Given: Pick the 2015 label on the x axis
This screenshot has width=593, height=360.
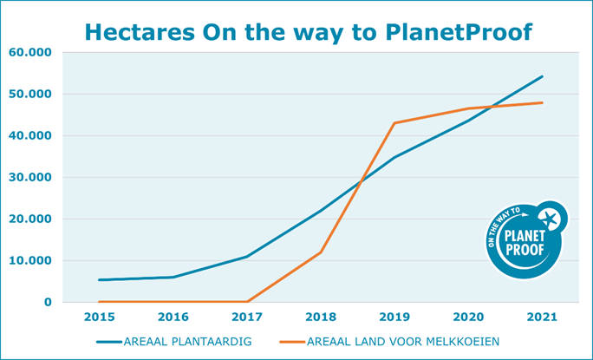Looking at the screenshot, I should click(x=100, y=318).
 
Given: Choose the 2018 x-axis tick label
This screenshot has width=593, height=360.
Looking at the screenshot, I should click(x=321, y=318).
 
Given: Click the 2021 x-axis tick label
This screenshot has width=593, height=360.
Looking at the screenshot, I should click(x=543, y=318).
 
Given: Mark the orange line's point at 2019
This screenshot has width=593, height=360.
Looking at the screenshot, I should click(x=394, y=123).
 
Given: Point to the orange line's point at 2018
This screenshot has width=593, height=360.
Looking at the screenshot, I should click(x=321, y=252).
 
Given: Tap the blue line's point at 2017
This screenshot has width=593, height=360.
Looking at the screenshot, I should click(x=247, y=257).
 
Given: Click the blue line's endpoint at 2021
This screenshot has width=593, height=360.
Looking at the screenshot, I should click(x=543, y=76).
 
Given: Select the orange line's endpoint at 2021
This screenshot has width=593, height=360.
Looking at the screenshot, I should click(x=543, y=102).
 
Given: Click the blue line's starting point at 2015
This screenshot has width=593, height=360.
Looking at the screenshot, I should click(x=100, y=279).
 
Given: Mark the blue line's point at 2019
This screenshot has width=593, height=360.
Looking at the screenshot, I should click(x=394, y=157).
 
